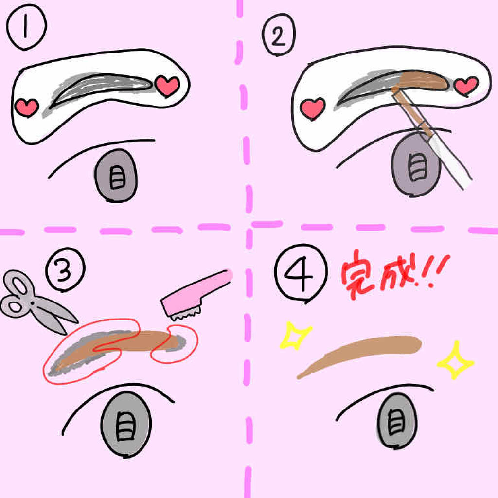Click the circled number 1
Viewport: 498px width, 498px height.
coord(26,27)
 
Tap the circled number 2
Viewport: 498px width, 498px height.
coord(279,35)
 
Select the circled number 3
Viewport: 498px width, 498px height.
coord(66,269)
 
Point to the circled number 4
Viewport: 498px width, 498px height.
coord(301,272)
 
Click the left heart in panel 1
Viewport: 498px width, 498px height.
coord(27,107)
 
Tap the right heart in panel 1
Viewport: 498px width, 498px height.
coord(168,86)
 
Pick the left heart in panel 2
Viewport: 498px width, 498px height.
coord(313,108)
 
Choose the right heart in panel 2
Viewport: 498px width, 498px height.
coord(466,86)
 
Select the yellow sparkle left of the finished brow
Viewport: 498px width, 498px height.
coord(296,336)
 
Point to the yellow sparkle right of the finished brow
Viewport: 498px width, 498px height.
coord(455,360)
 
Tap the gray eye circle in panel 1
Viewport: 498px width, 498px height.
coord(116,176)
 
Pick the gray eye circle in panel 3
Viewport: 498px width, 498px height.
coord(126,424)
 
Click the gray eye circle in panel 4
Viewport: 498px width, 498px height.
coord(396,421)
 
